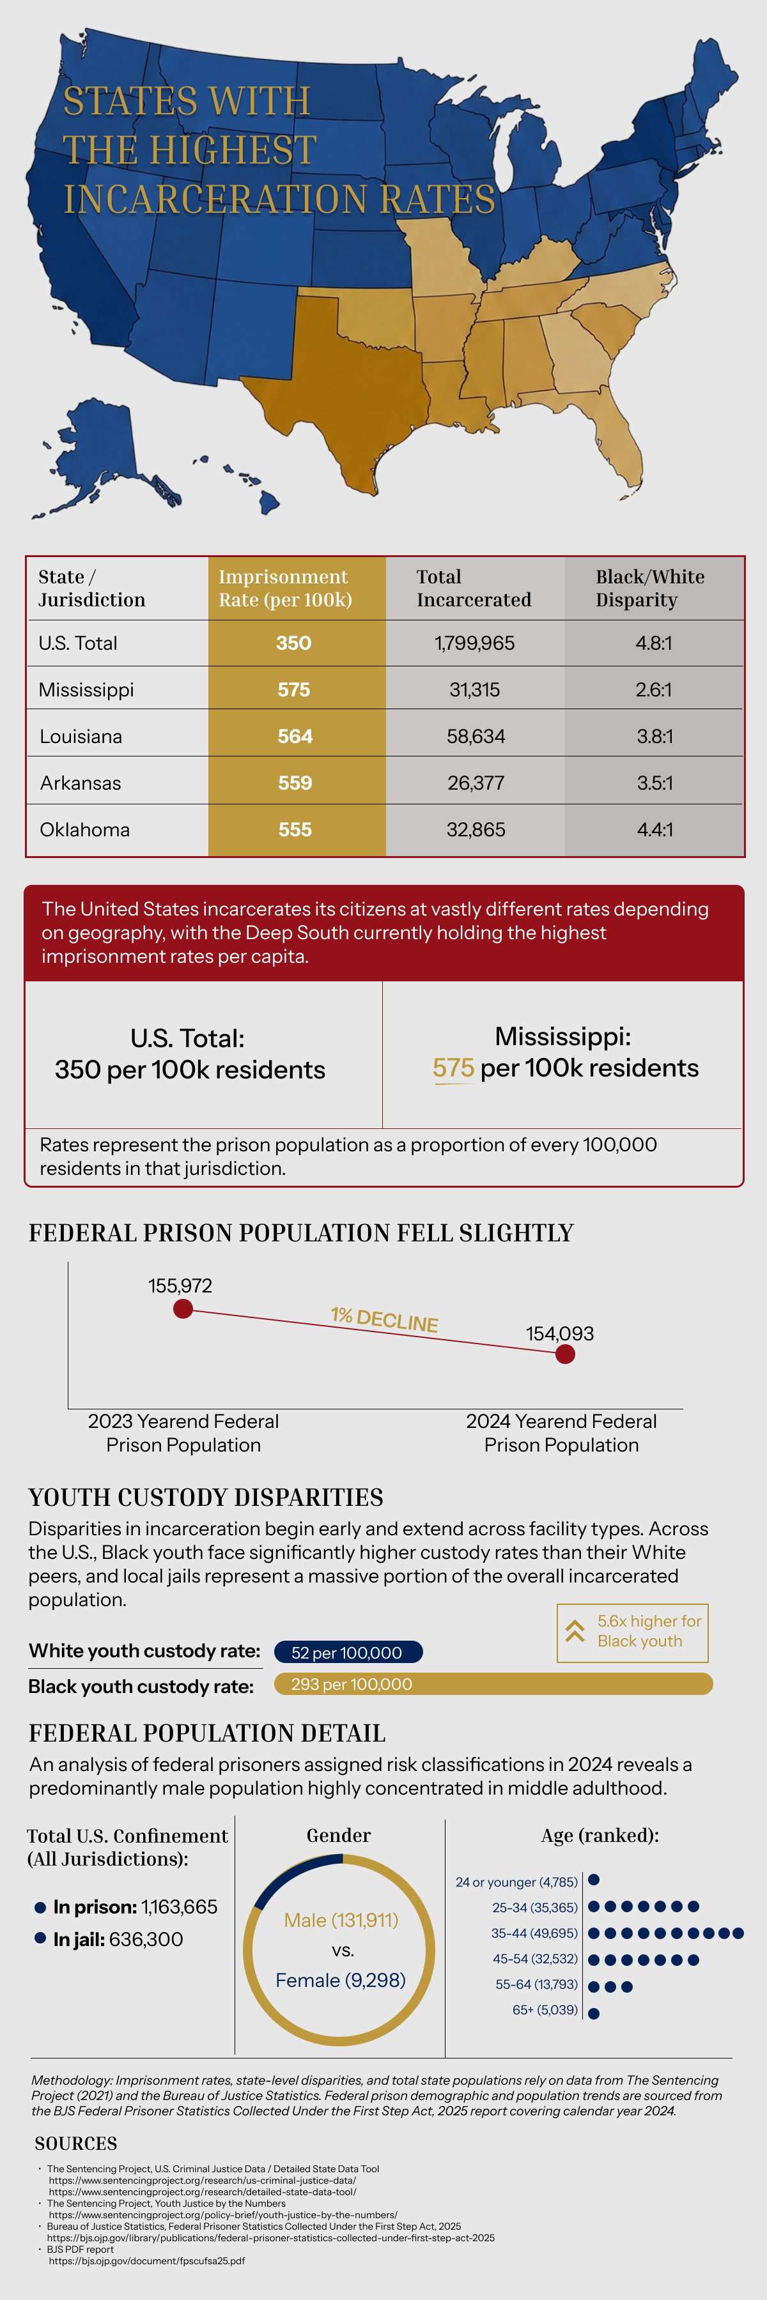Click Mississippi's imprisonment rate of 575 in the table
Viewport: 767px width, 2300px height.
point(294,689)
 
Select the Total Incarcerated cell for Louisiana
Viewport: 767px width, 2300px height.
point(475,736)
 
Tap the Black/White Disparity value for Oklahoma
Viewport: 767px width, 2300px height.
point(655,829)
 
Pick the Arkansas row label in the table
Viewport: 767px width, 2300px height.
point(81,783)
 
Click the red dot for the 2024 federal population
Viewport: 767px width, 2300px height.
point(565,1354)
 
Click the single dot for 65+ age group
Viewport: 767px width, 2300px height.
point(594,2013)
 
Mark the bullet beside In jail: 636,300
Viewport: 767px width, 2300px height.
point(40,1938)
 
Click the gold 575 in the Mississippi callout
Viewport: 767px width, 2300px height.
point(454,1068)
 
